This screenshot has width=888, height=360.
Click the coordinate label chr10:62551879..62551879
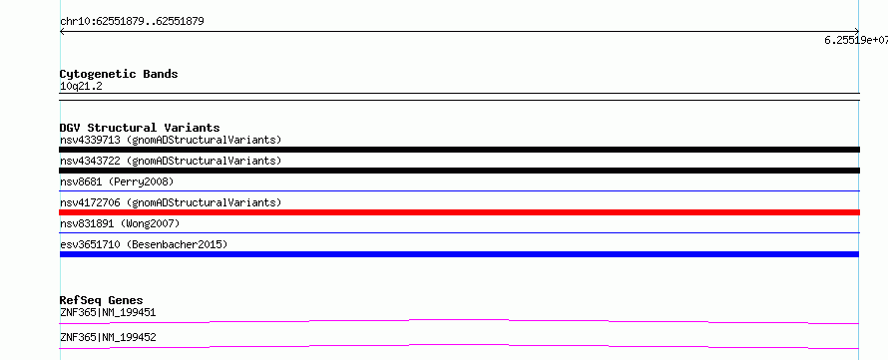point(132,22)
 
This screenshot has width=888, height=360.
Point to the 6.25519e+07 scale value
point(856,40)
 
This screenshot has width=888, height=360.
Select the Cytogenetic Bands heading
point(119,74)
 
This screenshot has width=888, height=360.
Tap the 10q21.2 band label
point(81,87)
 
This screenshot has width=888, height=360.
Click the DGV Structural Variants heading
point(140,128)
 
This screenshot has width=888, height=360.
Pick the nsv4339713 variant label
point(171,140)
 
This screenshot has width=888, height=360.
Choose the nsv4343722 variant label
point(171,161)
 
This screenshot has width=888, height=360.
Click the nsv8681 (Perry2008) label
point(117,181)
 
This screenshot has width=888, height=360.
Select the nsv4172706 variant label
point(171,202)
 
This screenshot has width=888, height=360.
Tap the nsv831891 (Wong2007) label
point(120,223)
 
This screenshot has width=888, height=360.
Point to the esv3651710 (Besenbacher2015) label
point(144,244)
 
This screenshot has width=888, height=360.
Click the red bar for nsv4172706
point(459,212)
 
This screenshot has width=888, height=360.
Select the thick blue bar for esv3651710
point(459,254)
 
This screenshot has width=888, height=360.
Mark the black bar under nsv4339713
point(459,150)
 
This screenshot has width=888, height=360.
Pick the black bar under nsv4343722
point(459,171)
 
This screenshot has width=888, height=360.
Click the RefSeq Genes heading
point(102,300)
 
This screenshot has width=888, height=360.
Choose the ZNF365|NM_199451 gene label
point(108,312)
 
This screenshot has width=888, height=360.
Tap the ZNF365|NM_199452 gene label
point(108,337)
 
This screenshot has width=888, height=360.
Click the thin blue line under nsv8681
point(459,191)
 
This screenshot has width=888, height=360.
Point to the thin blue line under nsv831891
point(459,233)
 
